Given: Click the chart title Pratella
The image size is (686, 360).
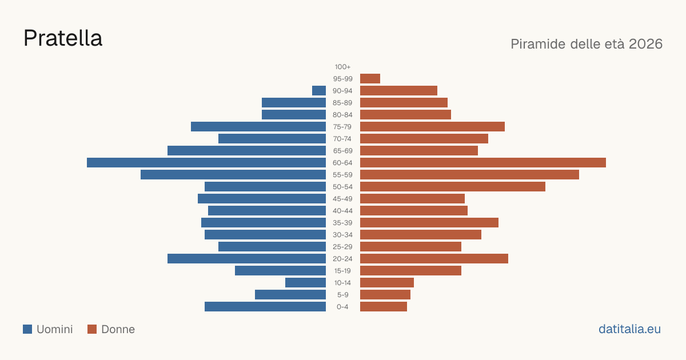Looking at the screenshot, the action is (63, 38).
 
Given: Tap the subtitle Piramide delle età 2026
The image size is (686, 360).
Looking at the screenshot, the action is (587, 44).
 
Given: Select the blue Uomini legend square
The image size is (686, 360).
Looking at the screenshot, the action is (27, 329).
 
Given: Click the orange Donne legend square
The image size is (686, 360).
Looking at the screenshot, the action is (92, 329).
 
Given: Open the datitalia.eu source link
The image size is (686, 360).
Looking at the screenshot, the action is (629, 329).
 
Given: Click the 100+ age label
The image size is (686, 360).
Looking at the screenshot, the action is (342, 67).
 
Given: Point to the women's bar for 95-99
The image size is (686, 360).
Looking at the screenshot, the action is (370, 79).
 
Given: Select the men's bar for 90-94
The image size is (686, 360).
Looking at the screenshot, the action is (319, 91).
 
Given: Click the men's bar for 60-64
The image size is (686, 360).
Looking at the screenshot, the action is (206, 162).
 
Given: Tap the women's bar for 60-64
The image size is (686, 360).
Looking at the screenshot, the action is (483, 162).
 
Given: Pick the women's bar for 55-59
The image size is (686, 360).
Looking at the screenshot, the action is (469, 174).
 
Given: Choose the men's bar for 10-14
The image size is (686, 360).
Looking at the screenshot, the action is (306, 282).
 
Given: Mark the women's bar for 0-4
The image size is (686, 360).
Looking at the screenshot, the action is (384, 307).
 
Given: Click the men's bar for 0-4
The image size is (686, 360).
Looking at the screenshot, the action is (265, 307).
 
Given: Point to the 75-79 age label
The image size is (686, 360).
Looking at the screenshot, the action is (342, 127).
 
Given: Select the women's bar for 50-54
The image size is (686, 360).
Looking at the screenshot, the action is (453, 187).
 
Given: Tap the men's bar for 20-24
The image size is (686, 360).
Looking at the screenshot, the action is (246, 259).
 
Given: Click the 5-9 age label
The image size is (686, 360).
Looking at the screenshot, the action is (342, 295).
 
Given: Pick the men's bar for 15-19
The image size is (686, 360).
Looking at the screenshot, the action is (280, 271).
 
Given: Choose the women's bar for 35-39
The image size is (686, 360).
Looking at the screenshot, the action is (429, 222).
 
